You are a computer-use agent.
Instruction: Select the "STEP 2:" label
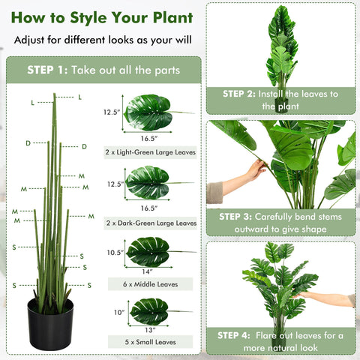239,94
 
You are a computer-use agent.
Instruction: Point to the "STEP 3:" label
239,217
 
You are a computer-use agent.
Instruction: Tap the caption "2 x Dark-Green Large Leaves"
151,223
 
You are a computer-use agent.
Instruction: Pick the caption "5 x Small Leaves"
151,342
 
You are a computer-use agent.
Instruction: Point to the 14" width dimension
148,271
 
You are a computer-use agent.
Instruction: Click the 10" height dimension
118,312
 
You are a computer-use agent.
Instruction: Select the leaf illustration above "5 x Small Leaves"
150,310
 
